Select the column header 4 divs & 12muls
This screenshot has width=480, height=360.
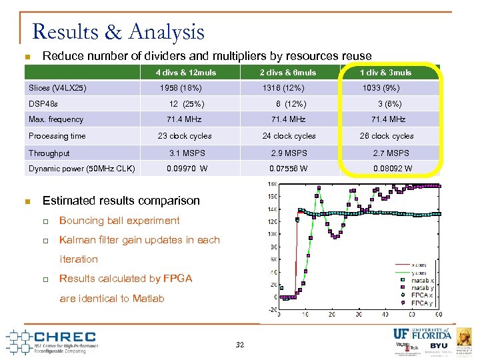click(186, 72)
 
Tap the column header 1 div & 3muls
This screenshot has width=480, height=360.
click(386, 72)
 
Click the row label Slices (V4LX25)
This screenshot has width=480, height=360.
click(57, 88)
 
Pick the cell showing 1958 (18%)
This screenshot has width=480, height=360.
click(181, 88)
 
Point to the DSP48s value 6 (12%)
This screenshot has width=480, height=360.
click(291, 104)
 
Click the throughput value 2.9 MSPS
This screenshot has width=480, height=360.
click(289, 153)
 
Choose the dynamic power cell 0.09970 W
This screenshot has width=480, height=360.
click(187, 169)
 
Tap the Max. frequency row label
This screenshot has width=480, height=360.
click(56, 120)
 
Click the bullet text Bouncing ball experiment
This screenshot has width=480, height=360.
click(119, 221)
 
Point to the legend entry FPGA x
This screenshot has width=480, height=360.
click(421, 295)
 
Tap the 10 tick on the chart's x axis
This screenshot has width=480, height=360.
click(305, 314)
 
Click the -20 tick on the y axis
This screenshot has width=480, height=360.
click(272, 309)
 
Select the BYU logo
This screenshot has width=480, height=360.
click(438, 346)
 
